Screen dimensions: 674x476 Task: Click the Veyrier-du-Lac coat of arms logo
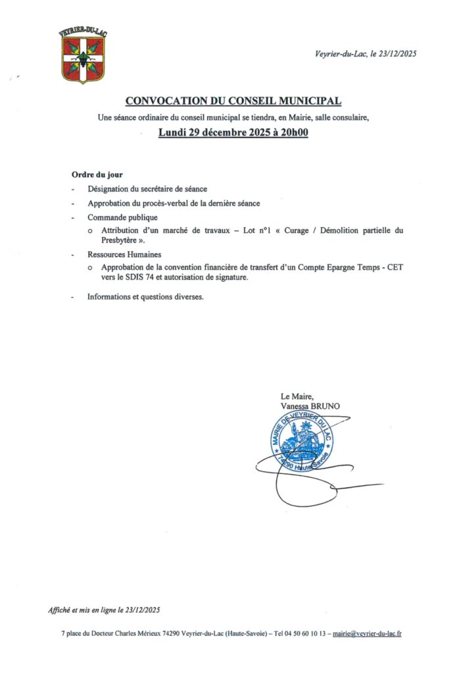click(83, 57)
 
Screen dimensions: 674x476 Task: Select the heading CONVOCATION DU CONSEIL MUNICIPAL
click(233, 101)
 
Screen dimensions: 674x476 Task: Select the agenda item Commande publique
click(122, 217)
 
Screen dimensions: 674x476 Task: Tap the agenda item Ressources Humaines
click(124, 254)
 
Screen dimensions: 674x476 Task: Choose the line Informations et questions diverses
click(145, 297)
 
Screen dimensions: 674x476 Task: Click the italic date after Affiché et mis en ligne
click(139, 610)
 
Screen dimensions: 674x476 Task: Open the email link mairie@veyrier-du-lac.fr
click(367, 633)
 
